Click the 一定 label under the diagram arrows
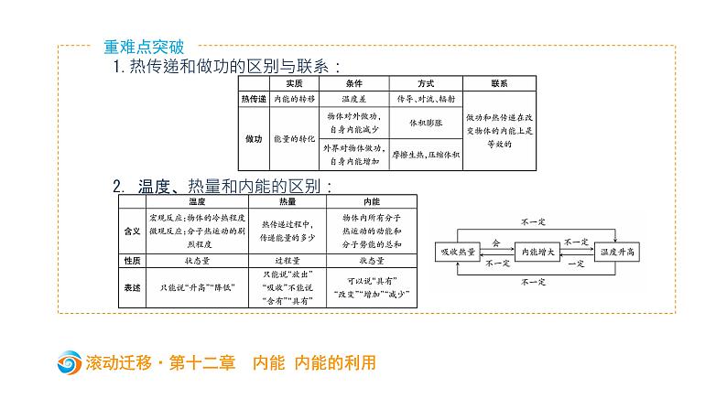576,263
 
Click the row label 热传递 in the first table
252,98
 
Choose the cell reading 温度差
353,98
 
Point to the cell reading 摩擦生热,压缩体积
427,156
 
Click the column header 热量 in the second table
287,200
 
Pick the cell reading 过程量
287,261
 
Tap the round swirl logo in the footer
68,363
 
